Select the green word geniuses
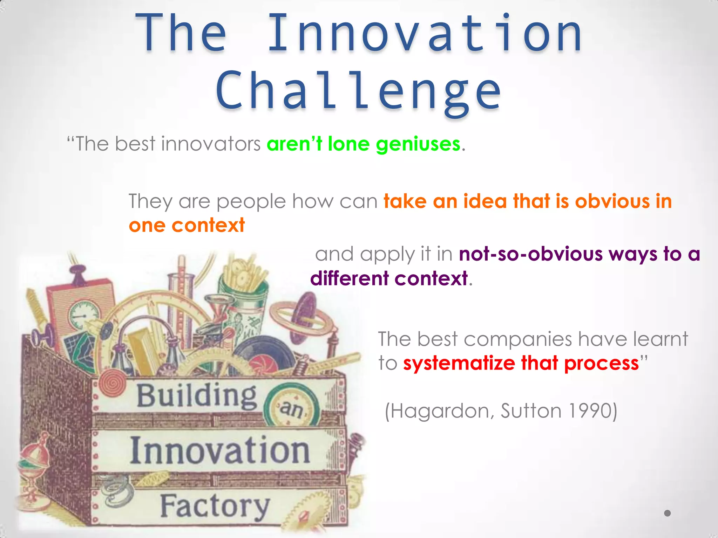pos(418,144)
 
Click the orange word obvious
pos(612,201)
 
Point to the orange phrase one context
pos(187,225)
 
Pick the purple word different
pos(349,279)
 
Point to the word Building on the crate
pos(196,396)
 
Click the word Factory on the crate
pos(215,506)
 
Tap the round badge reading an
pos(292,408)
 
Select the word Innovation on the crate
pos(220,451)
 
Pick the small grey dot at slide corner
pos(668,513)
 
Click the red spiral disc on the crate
pos(113,384)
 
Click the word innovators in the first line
pos(210,144)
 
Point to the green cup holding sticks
pos(242,287)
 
